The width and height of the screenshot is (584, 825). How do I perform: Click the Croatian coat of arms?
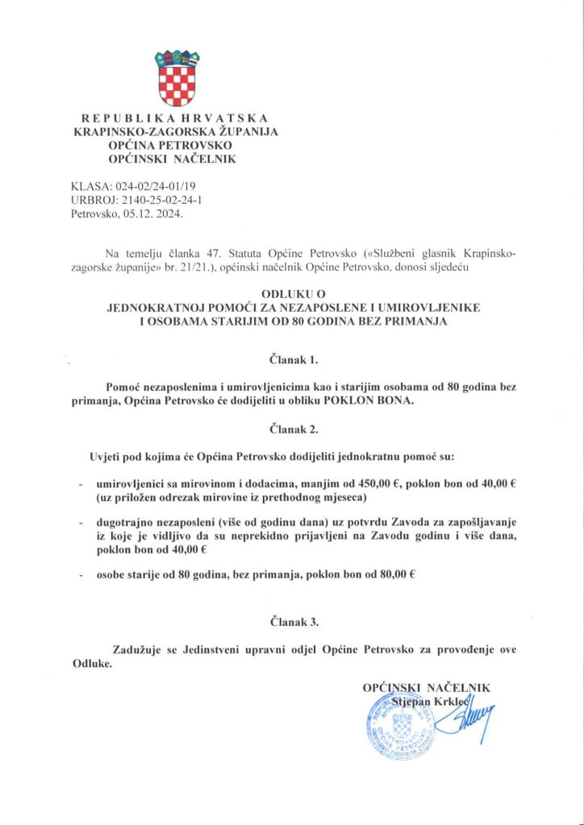(x=177, y=78)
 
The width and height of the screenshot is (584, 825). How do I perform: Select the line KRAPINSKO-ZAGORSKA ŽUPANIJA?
(x=176, y=132)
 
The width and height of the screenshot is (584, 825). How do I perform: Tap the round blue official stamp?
(x=397, y=725)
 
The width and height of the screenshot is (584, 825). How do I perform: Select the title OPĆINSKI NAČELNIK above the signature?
(x=426, y=687)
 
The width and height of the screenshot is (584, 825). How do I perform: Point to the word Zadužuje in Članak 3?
(x=136, y=649)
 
